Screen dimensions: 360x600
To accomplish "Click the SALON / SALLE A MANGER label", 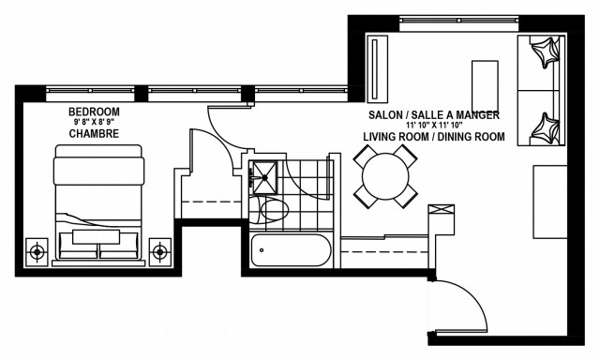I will click(x=432, y=114).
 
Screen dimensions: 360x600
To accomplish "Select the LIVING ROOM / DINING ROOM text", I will click(x=433, y=137).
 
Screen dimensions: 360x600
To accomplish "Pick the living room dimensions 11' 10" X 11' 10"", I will click(x=432, y=126).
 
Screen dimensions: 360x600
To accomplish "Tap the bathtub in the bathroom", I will click(x=290, y=250).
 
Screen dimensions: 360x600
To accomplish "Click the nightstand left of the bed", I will click(x=37, y=249).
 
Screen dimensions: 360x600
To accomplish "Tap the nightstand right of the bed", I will click(x=161, y=249).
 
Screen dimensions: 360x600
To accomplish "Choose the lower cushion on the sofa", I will click(x=543, y=126).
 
